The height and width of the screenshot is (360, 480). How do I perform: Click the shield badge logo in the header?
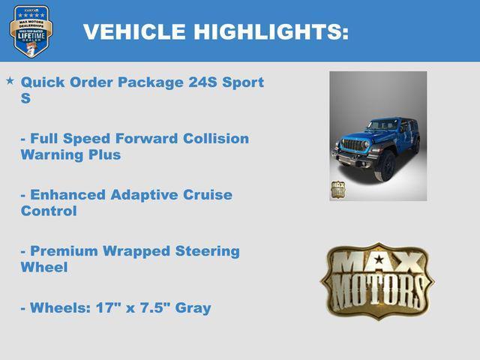click(x=31, y=31)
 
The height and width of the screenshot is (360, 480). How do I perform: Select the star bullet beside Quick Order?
click(x=10, y=79)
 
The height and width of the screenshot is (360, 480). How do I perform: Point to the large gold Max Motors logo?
click(x=377, y=279)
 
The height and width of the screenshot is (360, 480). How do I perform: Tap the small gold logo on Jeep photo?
click(x=340, y=189)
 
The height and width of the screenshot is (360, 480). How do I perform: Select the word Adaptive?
click(x=143, y=195)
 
